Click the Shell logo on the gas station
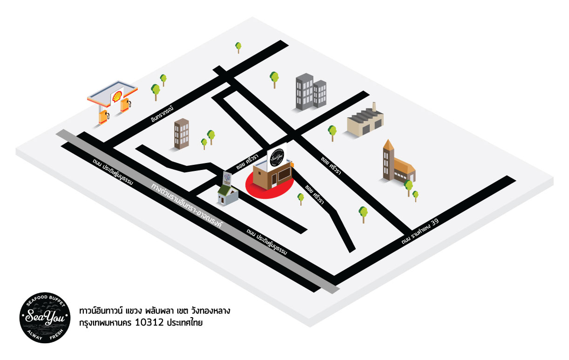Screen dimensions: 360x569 pyautogui.click(x=114, y=96)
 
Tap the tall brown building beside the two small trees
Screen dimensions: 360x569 pyautogui.click(x=182, y=134)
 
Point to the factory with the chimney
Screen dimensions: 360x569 pyautogui.click(x=365, y=122)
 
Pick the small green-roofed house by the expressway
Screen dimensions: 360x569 pyautogui.click(x=228, y=193)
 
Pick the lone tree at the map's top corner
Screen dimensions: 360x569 pyautogui.click(x=238, y=47)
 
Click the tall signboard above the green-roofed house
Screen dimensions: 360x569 pyautogui.click(x=227, y=178)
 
